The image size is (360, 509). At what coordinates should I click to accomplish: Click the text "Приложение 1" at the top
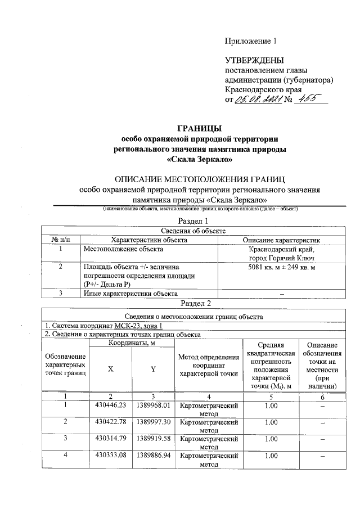coord(251,41)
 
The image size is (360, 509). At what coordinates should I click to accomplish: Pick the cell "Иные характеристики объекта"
coord(130,293)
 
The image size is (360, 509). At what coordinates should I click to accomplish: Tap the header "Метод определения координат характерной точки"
coord(208,366)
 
